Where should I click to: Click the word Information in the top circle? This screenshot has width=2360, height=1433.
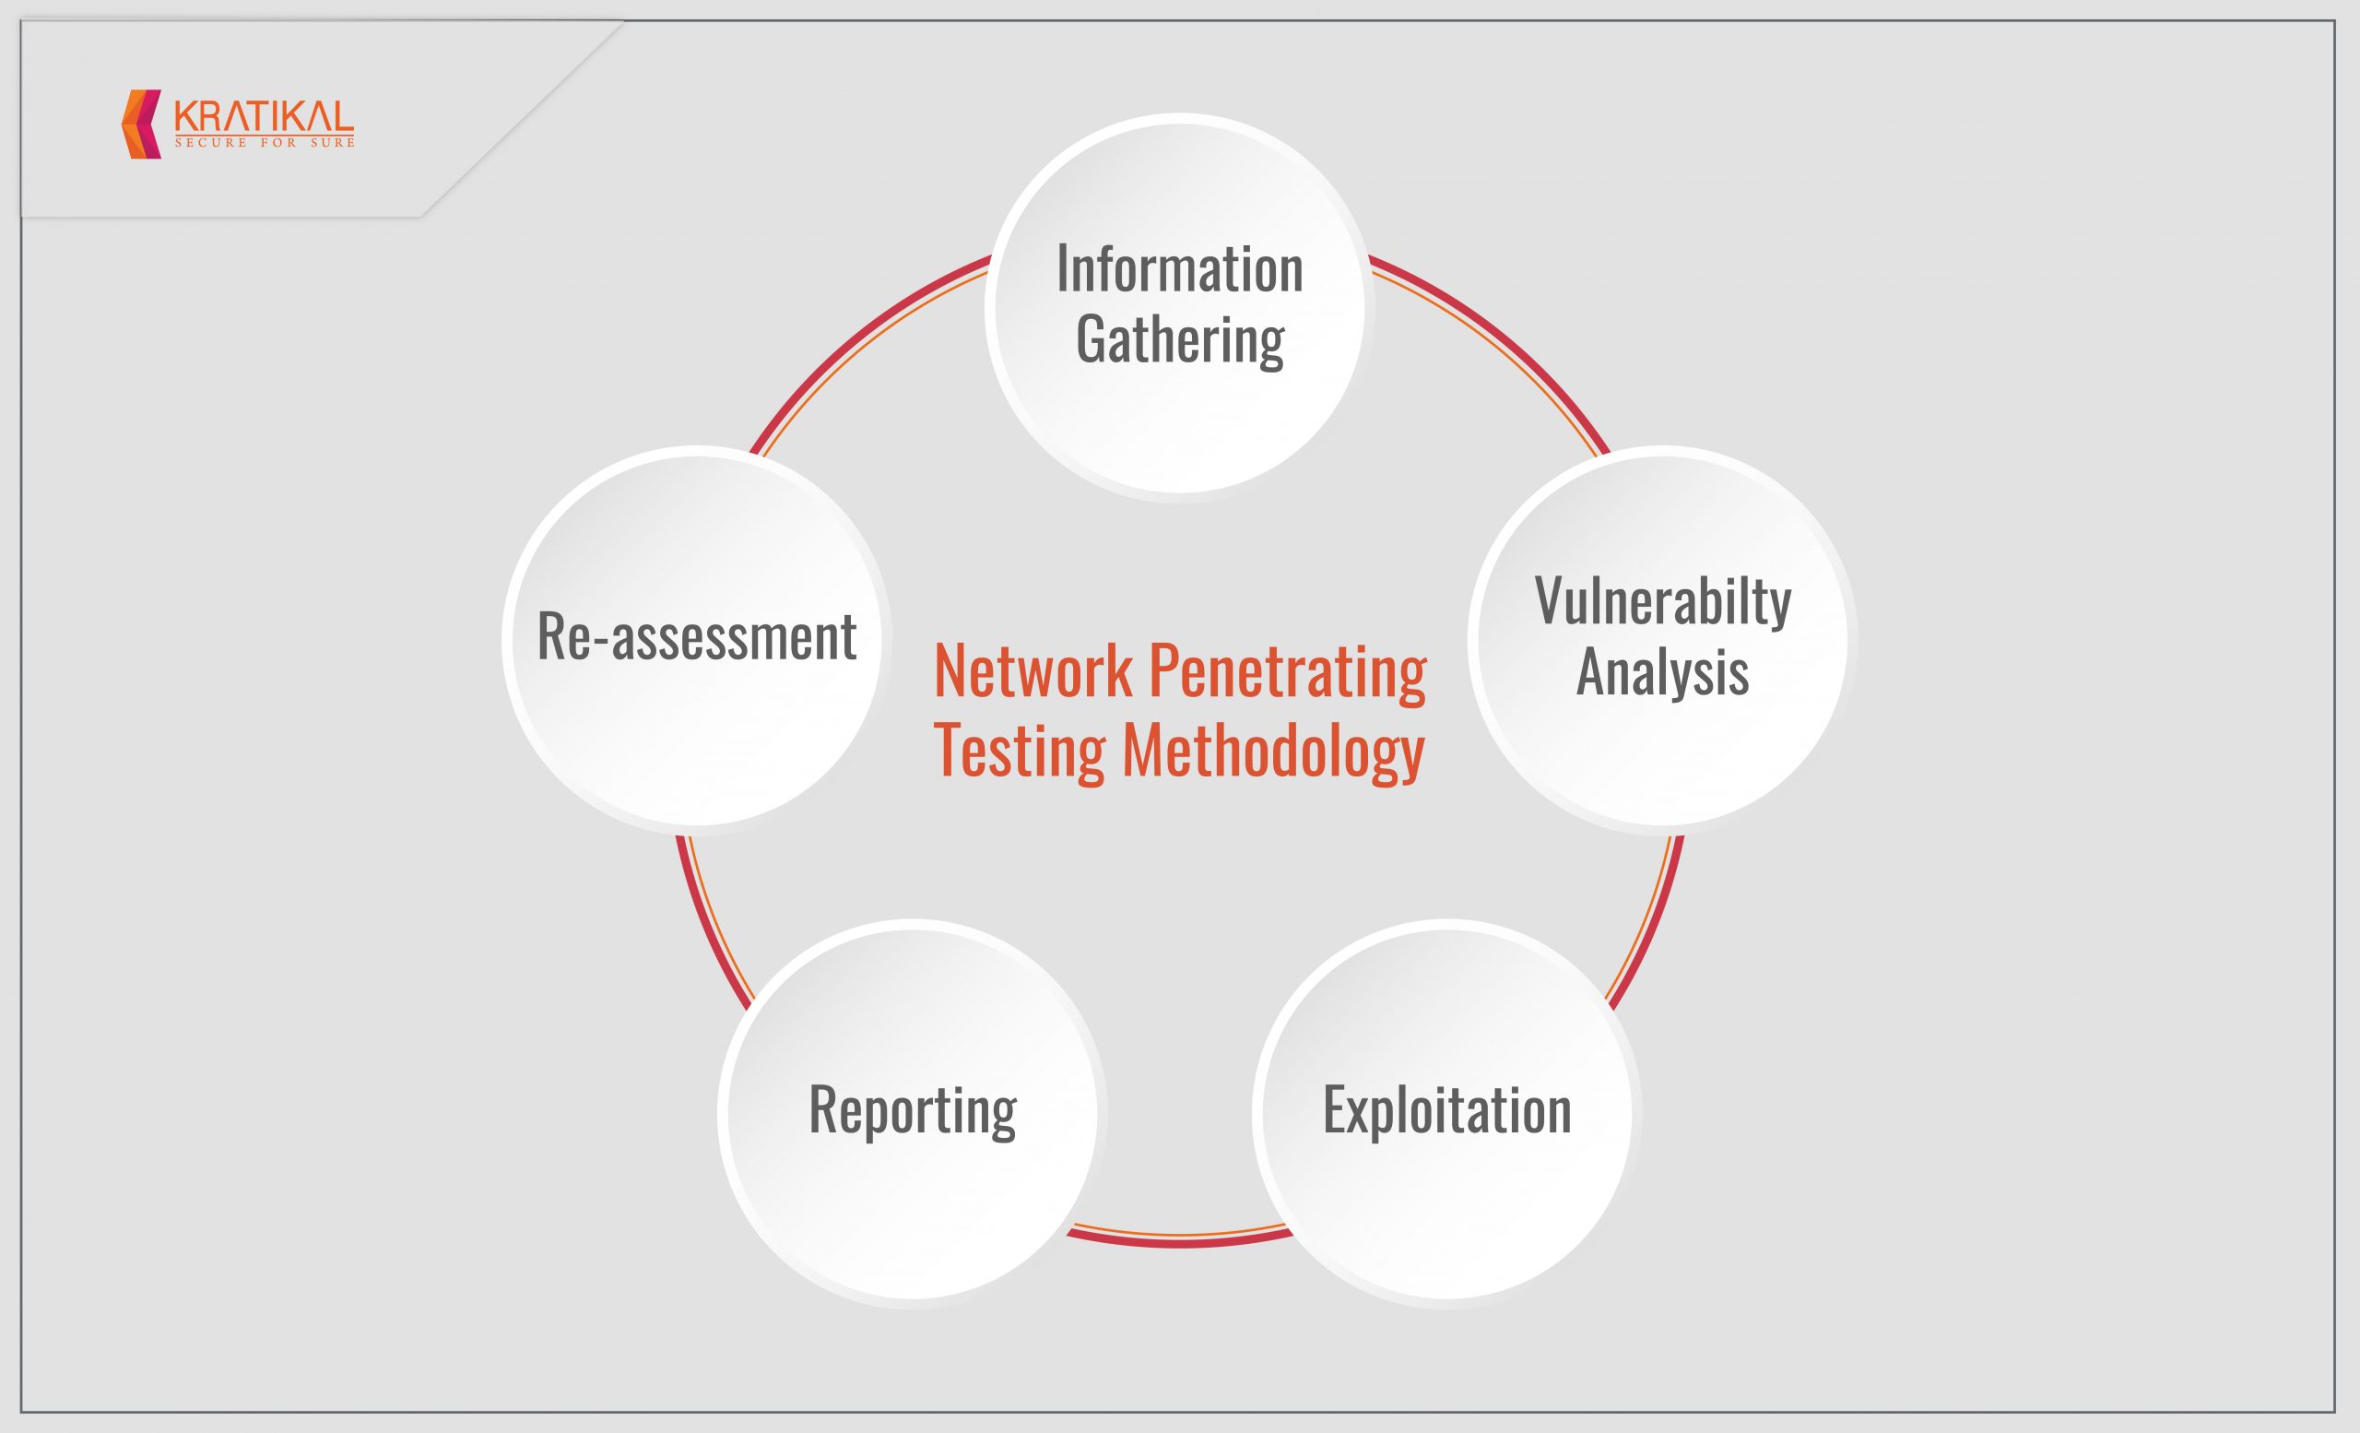[x=1179, y=269]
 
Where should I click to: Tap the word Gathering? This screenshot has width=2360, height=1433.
[x=1179, y=340]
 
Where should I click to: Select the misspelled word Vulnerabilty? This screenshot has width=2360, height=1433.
[x=1663, y=601]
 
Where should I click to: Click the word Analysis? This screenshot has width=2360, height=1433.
[x=1663, y=671]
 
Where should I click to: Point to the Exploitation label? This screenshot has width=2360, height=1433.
[x=1446, y=1110]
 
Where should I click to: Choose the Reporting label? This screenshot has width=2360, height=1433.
[x=913, y=1111]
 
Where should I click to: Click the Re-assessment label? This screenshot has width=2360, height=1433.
[x=696, y=636]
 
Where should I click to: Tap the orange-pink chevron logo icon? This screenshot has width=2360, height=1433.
[x=142, y=124]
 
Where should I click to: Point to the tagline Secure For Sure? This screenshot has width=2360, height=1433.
[x=264, y=143]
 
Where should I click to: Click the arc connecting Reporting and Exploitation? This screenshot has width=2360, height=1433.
[x=1180, y=1241]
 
